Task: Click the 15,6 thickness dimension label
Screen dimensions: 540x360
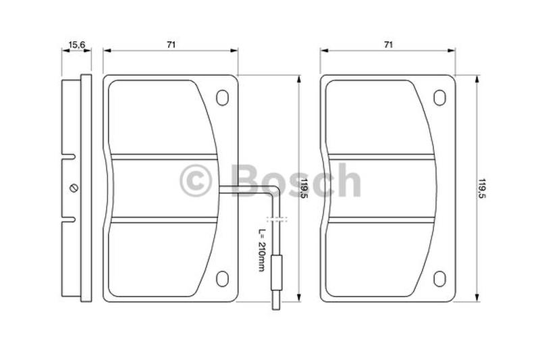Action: pyautogui.click(x=76, y=45)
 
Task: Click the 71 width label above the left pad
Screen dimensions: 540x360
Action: pyautogui.click(x=171, y=45)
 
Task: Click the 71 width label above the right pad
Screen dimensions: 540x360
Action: pyautogui.click(x=388, y=45)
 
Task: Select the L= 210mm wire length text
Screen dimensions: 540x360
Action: pyautogui.click(x=262, y=250)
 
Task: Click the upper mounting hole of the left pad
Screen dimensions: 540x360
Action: pyautogui.click(x=222, y=97)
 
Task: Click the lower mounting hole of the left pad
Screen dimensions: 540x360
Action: pyautogui.click(x=222, y=279)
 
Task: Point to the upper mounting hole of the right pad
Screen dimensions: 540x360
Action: pyautogui.click(x=439, y=97)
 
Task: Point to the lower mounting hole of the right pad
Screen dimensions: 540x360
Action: pyautogui.click(x=439, y=279)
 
